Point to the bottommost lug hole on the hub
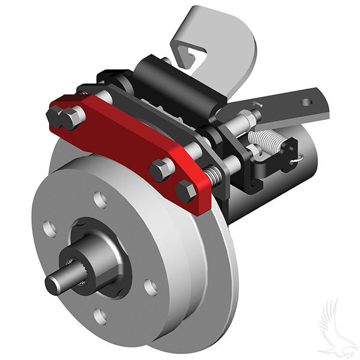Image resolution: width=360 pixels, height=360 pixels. tap(101, 315)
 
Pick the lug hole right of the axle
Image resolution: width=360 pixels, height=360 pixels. tap(151, 287)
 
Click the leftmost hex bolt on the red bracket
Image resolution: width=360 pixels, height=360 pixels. tap(56, 115)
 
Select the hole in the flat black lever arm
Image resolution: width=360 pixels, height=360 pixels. tap(307, 102)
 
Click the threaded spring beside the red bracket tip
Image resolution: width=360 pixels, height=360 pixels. tap(213, 176)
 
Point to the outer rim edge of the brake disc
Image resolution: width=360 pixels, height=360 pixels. tap(228, 288)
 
